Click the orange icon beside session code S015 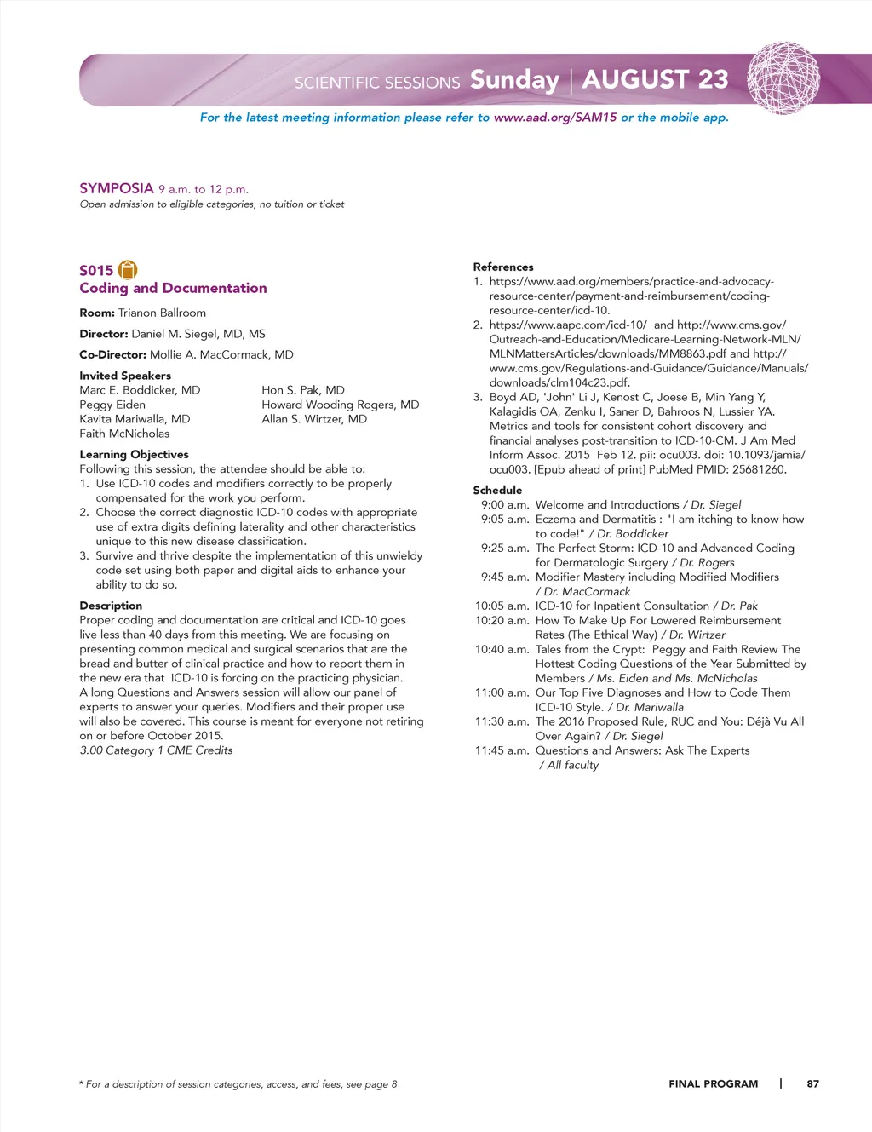128,270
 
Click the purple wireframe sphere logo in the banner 783,78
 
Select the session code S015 96,271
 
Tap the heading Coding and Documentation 173,289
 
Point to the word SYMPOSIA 117,188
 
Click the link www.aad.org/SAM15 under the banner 555,118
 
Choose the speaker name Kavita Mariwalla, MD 135,419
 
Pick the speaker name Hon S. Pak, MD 303,390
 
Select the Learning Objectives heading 135,455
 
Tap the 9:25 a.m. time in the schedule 504,549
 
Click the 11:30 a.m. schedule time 502,721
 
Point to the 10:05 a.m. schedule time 502,606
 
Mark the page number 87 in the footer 813,1084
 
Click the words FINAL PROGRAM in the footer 714,1084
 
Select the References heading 503,267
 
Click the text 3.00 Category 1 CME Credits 156,750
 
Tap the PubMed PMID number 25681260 759,469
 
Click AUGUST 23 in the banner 656,79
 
